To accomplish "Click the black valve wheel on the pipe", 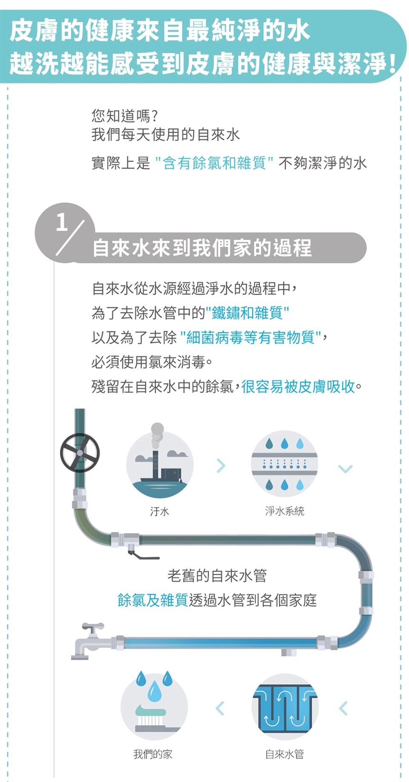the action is [80, 453].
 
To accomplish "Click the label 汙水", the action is [159, 511].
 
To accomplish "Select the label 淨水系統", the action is [285, 511].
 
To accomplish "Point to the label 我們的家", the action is [153, 754].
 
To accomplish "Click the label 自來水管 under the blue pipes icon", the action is [285, 754].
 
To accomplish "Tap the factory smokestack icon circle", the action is [160, 464].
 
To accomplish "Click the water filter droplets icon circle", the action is [285, 464].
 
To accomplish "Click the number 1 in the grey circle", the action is [62, 222].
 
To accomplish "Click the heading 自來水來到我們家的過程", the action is [202, 248].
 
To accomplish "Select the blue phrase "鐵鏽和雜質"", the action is [248, 313].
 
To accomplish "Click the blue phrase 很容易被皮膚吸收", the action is [298, 386].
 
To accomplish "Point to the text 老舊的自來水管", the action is [217, 576].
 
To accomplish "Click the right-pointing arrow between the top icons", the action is [221, 466].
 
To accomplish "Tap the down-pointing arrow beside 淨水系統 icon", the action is [346, 469].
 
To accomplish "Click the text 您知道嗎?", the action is [125, 115].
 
